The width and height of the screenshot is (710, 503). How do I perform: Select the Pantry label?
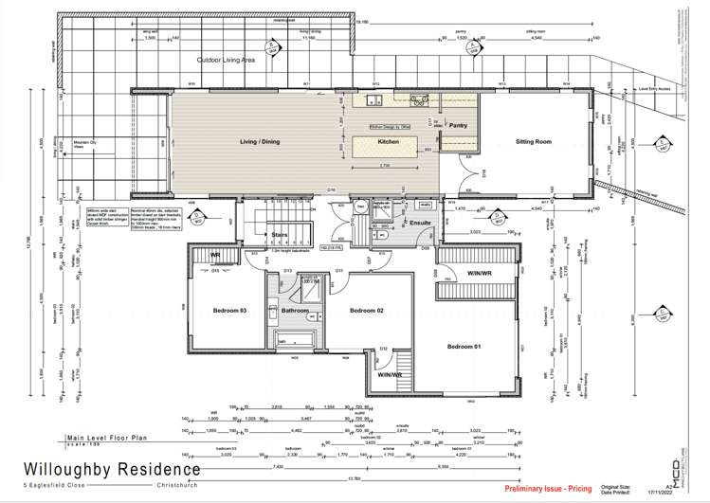tap(458, 124)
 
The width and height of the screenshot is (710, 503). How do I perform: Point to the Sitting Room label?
tap(534, 141)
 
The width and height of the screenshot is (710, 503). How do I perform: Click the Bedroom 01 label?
tap(464, 347)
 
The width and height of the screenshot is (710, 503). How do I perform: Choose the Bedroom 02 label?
tap(366, 310)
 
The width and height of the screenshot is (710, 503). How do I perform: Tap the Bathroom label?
tap(295, 310)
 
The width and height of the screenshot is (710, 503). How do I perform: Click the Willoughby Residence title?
tap(132, 469)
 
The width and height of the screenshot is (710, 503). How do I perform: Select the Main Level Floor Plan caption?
tap(108, 440)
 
